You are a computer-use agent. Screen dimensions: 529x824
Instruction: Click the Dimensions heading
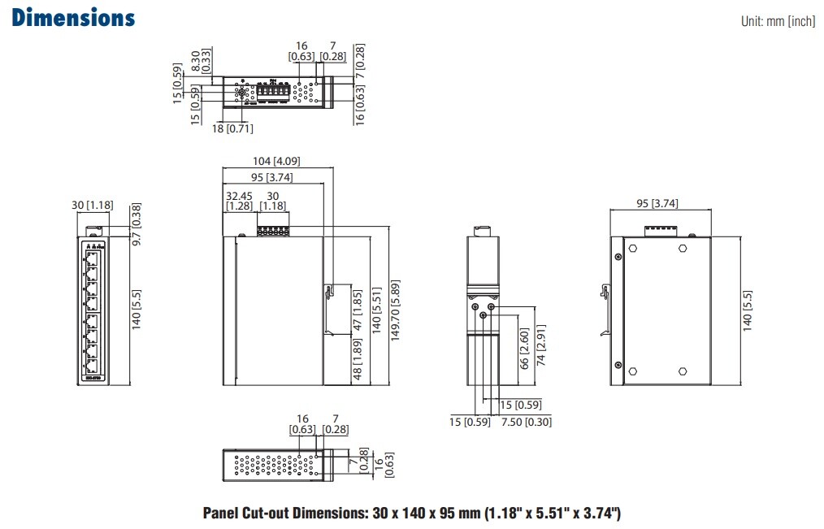click(x=73, y=17)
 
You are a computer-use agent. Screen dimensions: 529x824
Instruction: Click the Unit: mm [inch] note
click(x=778, y=22)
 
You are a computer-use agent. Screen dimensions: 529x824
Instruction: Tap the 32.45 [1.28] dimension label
click(x=239, y=201)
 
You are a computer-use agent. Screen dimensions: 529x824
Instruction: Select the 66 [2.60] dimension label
click(x=524, y=349)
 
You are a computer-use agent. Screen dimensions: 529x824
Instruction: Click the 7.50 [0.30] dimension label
click(x=526, y=422)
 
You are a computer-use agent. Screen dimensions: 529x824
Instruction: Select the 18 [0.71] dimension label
click(x=232, y=128)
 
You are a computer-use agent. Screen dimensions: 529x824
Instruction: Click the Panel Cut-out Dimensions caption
click(x=411, y=513)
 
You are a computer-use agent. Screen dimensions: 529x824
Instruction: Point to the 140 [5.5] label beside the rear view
click(x=748, y=310)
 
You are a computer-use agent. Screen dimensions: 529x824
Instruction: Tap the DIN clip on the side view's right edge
click(x=329, y=309)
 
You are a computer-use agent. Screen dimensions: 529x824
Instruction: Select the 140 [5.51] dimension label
click(x=376, y=310)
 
